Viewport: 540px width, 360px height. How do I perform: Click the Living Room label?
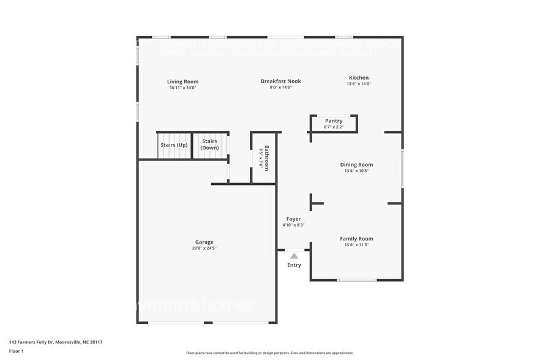(x=183, y=81)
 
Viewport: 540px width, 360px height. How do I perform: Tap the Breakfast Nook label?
(x=280, y=81)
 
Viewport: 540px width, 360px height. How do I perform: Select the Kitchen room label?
(x=359, y=78)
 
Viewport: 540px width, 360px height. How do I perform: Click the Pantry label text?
(x=334, y=121)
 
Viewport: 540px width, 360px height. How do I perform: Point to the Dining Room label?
(x=356, y=165)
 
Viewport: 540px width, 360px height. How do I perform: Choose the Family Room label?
(x=356, y=239)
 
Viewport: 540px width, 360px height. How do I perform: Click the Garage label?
(x=204, y=242)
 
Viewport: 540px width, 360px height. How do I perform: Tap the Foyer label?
(x=293, y=219)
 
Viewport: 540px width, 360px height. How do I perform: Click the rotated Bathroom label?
(x=266, y=158)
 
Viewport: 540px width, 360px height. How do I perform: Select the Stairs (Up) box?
(x=174, y=146)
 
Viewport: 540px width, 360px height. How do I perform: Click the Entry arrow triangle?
(x=294, y=256)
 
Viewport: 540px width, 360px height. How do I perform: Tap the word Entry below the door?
(x=294, y=265)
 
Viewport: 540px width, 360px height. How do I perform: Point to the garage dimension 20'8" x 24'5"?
(x=204, y=248)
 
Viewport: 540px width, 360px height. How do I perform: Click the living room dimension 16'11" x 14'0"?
(x=183, y=88)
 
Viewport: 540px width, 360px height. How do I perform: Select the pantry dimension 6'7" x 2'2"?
(x=334, y=127)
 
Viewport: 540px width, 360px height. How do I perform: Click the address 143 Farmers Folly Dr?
(x=56, y=342)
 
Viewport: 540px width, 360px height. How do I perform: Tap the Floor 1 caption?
(x=16, y=351)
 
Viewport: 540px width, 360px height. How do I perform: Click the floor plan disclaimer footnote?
(x=270, y=353)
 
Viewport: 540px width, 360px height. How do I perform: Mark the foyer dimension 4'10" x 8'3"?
(x=293, y=225)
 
